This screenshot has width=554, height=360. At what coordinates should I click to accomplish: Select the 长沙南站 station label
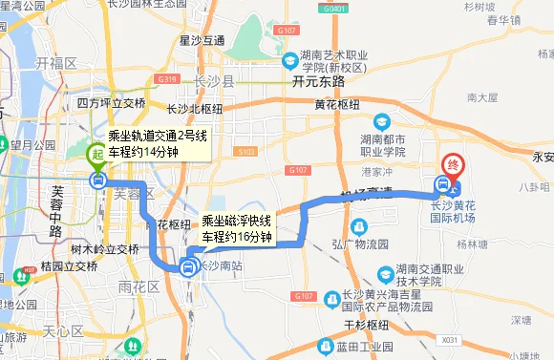220,266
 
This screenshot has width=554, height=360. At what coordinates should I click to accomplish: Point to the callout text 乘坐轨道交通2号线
157,136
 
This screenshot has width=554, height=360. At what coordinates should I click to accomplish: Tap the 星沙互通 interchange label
202,40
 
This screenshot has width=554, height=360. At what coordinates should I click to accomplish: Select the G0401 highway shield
335,9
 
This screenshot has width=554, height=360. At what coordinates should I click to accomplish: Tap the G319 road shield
168,79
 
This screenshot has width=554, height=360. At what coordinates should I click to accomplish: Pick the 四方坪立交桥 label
112,103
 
